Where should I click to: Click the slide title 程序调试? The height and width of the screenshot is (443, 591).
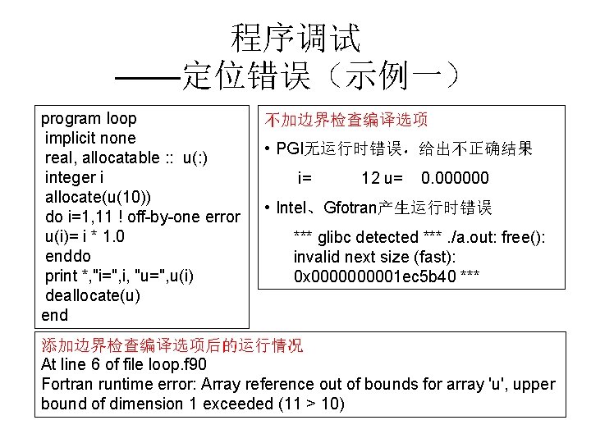(x=295, y=36)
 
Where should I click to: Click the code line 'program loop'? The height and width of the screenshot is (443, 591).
(x=89, y=118)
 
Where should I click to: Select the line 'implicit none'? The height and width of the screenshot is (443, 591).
(x=90, y=138)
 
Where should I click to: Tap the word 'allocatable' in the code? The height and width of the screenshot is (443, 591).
(x=124, y=158)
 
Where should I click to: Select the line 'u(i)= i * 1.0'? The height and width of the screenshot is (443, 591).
(x=97, y=237)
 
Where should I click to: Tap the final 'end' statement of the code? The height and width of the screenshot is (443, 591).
(x=54, y=315)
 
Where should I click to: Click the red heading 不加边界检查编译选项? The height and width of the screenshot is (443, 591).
(x=346, y=120)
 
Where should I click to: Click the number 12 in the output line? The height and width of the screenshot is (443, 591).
(x=371, y=178)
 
